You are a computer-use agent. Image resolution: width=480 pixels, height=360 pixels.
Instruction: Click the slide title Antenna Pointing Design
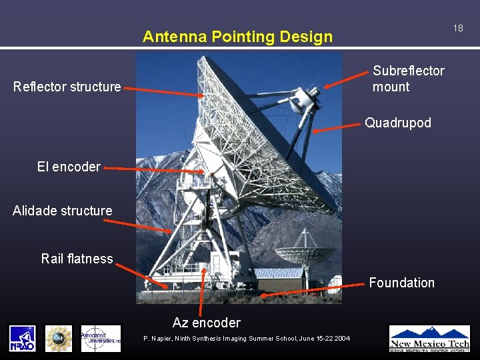click(237, 37)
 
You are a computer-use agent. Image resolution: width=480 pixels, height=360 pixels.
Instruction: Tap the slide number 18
click(458, 28)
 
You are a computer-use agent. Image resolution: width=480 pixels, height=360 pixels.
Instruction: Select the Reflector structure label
click(67, 87)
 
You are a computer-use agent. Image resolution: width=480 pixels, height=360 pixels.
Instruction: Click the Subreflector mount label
click(408, 79)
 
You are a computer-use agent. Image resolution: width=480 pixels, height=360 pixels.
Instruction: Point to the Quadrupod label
click(397, 123)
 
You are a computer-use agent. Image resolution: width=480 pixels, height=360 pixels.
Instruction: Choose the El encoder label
click(69, 167)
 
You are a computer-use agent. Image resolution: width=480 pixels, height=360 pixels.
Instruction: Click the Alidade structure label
click(63, 211)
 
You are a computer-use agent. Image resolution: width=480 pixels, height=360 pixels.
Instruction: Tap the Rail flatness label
click(77, 259)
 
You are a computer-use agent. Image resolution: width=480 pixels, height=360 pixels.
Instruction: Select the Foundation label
click(401, 283)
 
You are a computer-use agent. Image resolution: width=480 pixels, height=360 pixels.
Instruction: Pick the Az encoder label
click(207, 323)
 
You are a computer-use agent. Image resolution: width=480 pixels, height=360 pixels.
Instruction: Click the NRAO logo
click(22, 338)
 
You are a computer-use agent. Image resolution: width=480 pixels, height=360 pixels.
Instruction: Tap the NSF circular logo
click(59, 338)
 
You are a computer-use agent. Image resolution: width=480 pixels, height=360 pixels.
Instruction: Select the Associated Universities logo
click(101, 338)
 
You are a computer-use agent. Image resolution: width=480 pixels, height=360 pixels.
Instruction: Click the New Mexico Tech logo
click(429, 338)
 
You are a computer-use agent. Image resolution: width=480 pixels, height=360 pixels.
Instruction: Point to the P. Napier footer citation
click(247, 339)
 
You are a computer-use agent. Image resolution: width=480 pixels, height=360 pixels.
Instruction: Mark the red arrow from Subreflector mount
click(346, 78)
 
